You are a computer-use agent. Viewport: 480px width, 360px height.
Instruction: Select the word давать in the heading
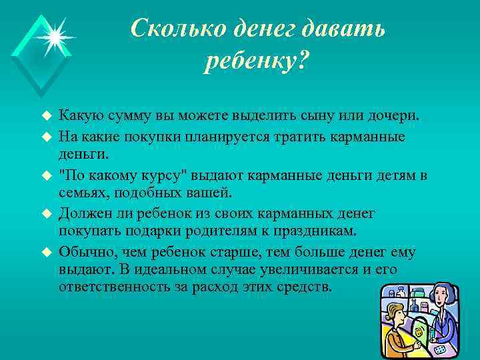click(342, 29)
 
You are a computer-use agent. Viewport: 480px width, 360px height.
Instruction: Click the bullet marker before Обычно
click(47, 253)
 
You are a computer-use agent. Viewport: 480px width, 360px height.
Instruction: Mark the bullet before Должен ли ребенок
click(47, 214)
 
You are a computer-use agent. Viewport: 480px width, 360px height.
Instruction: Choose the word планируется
click(217, 136)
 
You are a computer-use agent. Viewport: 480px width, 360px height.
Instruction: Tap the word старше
click(230, 253)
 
